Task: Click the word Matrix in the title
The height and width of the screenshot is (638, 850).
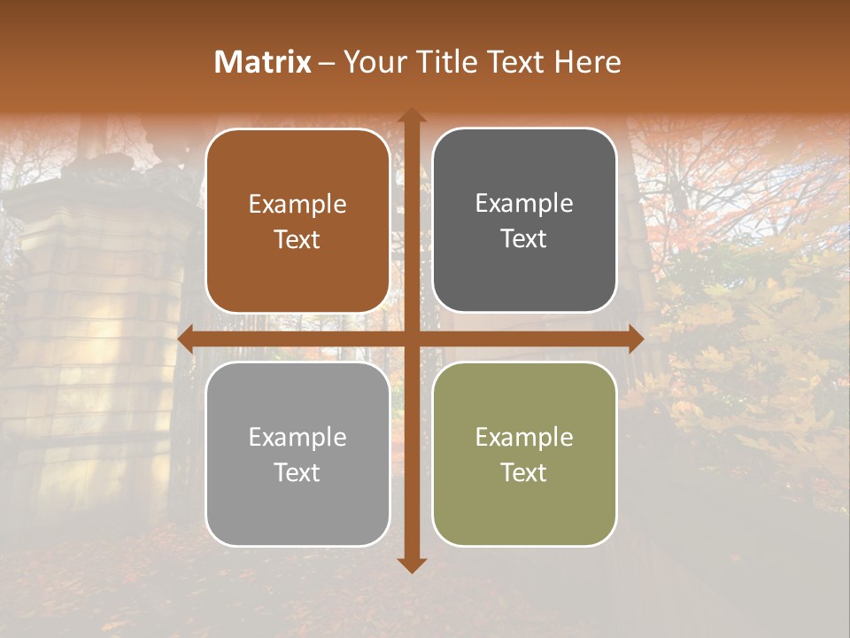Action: tap(263, 62)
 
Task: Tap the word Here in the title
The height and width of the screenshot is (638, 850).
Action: tap(587, 62)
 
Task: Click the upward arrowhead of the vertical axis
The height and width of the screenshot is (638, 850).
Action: tap(411, 116)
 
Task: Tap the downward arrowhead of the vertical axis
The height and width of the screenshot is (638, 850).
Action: tap(411, 564)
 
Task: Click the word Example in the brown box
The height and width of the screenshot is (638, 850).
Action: tap(297, 205)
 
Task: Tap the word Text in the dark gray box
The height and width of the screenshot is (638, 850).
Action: tap(524, 239)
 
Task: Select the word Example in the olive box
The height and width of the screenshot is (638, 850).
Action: tap(524, 437)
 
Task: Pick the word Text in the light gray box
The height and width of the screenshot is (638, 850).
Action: tap(297, 472)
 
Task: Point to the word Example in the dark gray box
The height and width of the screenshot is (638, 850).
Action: tap(524, 204)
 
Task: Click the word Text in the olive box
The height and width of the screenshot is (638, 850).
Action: tap(524, 472)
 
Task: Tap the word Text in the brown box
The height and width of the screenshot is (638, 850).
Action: tap(297, 240)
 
